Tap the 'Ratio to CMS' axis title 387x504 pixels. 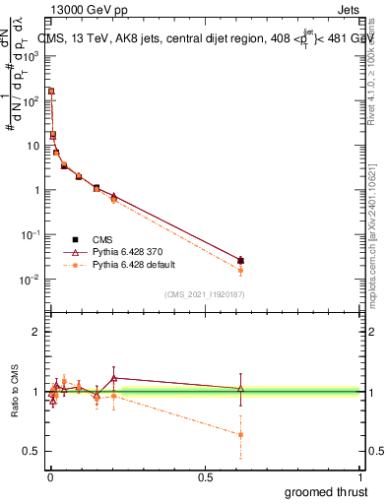tap(15, 391)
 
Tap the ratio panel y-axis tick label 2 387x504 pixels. tap(35, 332)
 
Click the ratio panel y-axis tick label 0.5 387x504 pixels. tap(32, 451)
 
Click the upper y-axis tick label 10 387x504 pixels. tap(33, 145)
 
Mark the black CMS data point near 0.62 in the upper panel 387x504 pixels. tap(241, 261)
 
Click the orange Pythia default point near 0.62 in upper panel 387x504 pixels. tap(241, 270)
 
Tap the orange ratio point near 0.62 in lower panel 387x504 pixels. tap(241, 434)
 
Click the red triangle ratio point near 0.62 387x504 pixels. tap(241, 389)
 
